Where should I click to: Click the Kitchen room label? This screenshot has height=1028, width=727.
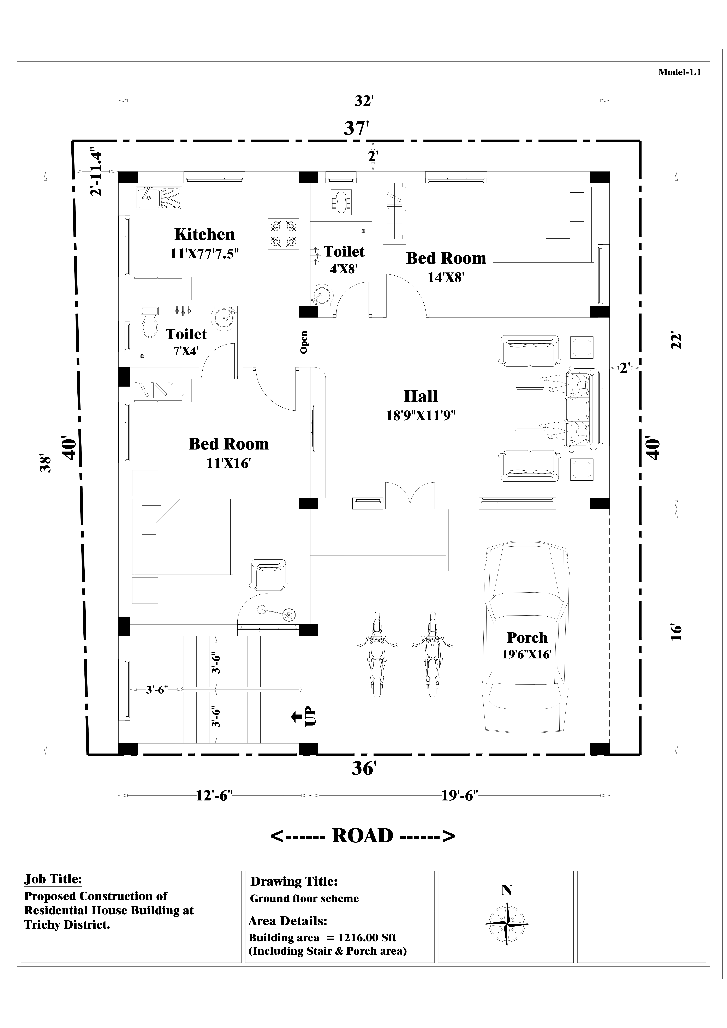tap(205, 234)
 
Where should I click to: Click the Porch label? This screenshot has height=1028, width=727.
tap(527, 638)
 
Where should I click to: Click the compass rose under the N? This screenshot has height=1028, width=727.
tap(507, 924)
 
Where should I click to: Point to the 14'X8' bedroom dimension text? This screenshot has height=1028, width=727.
tap(445, 278)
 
